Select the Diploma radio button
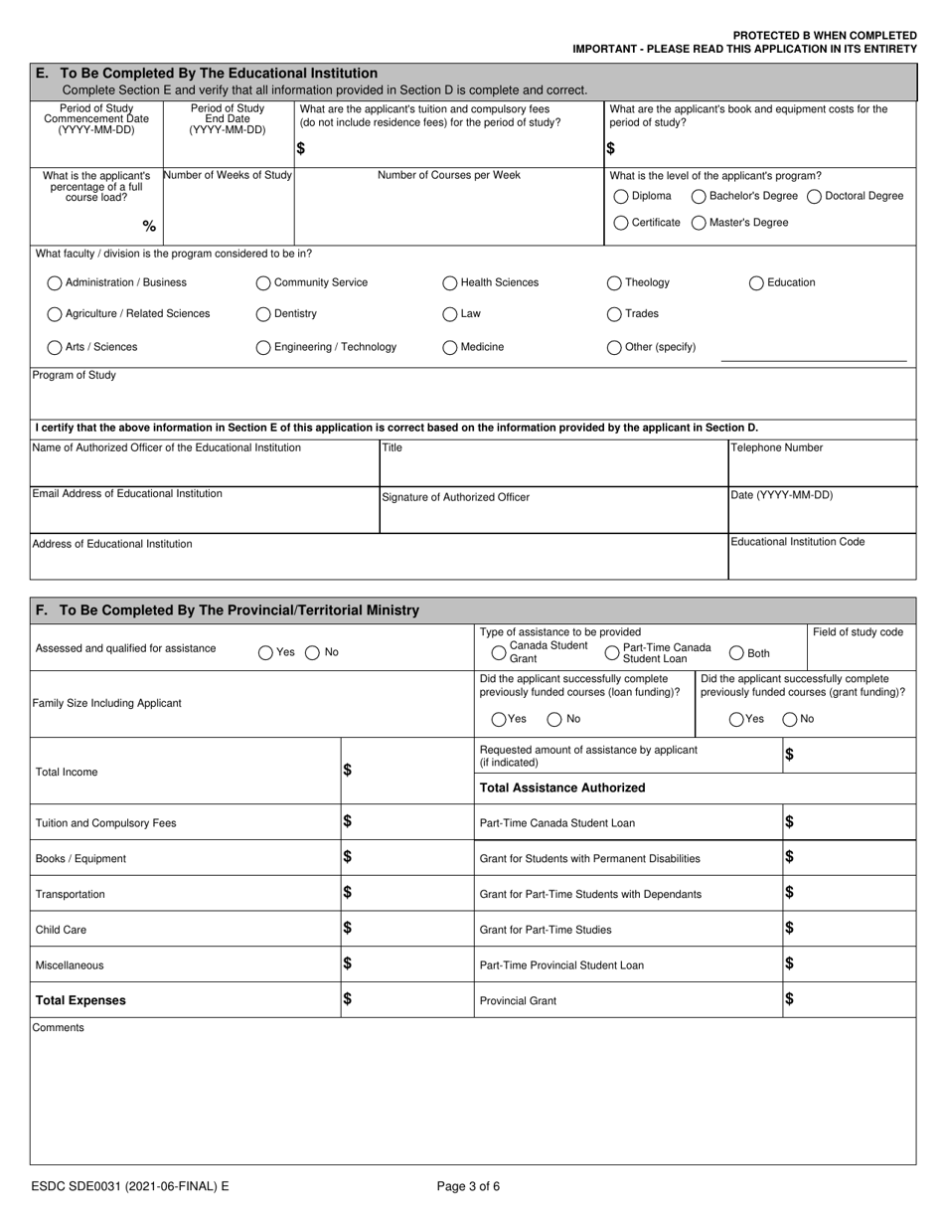pyautogui.click(x=621, y=196)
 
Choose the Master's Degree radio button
pyautogui.click(x=700, y=223)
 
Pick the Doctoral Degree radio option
pyautogui.click(x=815, y=196)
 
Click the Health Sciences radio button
pyautogui.click(x=450, y=283)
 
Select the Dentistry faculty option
pyautogui.click(x=263, y=314)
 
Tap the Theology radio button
pyautogui.click(x=614, y=283)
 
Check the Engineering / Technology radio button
pyautogui.click(x=263, y=348)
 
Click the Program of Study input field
pyautogui.click(x=473, y=401)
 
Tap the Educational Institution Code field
pyautogui.click(x=822, y=563)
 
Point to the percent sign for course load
pyautogui.click(x=149, y=227)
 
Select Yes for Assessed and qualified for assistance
pyautogui.click(x=265, y=653)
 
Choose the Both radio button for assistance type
pyautogui.click(x=737, y=653)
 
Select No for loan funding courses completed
pyautogui.click(x=555, y=719)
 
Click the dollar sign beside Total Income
pyautogui.click(x=348, y=771)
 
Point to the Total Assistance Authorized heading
pyautogui.click(x=562, y=787)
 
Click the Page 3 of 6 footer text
pyautogui.click(x=469, y=1185)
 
